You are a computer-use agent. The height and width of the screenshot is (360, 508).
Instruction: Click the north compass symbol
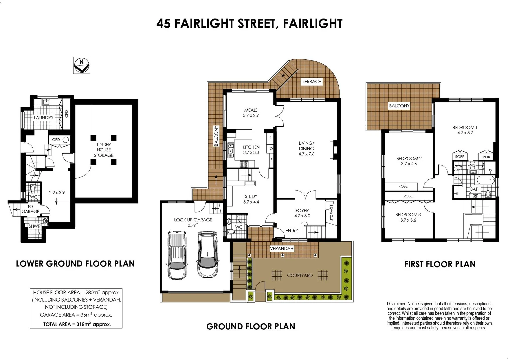(x=82, y=65)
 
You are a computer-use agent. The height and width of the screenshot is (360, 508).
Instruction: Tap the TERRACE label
(x=312, y=81)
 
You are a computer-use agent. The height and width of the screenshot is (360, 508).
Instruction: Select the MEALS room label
(x=251, y=110)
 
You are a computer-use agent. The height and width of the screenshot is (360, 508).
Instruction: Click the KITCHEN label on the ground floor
(x=251, y=147)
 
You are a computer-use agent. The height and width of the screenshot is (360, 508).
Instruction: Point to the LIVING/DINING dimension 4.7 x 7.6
(x=306, y=154)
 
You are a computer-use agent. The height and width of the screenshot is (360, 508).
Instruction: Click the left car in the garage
(x=177, y=255)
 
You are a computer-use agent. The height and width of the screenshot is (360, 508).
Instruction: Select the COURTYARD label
(x=300, y=275)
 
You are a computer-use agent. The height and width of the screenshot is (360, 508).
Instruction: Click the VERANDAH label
(x=282, y=248)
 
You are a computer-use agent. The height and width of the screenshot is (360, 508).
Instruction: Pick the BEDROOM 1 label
(x=465, y=127)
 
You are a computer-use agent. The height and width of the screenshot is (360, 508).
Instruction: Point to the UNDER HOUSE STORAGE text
(x=104, y=150)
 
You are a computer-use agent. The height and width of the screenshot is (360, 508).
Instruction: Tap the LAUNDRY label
(x=44, y=118)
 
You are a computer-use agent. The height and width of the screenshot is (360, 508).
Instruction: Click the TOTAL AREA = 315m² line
(x=77, y=324)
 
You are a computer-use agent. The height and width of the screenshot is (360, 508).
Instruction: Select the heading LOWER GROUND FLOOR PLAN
(x=75, y=264)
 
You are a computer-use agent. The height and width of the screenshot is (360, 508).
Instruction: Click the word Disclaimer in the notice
(x=396, y=304)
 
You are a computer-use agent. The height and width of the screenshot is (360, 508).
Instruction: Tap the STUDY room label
(x=251, y=196)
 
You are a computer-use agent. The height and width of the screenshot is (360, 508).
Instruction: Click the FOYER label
(x=302, y=210)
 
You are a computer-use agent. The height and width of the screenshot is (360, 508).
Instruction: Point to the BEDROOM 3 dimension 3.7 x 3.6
(x=408, y=220)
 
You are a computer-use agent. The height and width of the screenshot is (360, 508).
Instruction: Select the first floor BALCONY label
(x=399, y=106)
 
